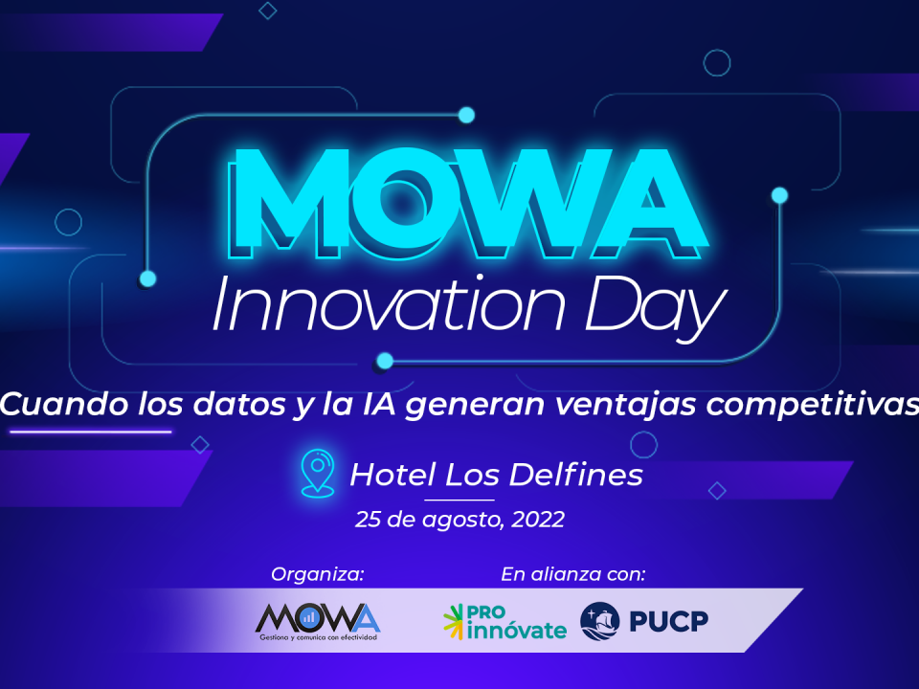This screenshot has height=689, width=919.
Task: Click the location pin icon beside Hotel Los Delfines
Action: pos(317,474)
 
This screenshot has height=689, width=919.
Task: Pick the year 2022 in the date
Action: pos(538,519)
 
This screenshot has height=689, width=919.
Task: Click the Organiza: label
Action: pos(318,575)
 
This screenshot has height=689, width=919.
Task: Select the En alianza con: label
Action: pos(573,574)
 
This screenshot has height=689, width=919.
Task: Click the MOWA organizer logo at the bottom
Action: pos(318,622)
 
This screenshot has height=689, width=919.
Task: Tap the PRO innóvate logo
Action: pos(504,622)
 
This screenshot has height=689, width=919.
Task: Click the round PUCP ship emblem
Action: pos(599,621)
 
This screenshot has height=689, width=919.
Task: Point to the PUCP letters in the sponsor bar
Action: pos(669,622)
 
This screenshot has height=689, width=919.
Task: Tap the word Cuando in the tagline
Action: pos(64,404)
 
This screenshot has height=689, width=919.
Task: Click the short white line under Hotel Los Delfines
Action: pos(459,500)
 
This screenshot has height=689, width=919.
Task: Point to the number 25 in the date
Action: pos(369,519)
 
